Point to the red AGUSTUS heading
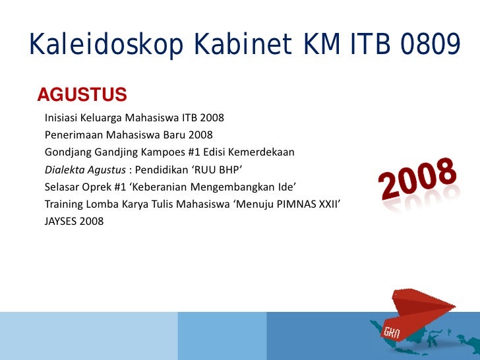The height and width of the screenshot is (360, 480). pyautogui.click(x=82, y=96)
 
